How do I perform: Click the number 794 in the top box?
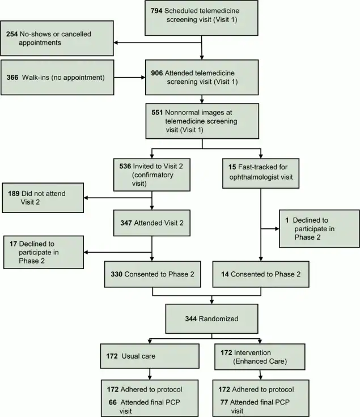click(x=156, y=11)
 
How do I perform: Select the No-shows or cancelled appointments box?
click(x=57, y=38)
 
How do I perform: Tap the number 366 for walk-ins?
click(x=14, y=76)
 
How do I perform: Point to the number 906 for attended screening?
click(x=157, y=73)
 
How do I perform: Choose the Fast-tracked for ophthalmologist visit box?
click(x=260, y=168)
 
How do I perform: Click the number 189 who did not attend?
click(x=14, y=194)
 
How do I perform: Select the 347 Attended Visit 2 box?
click(x=151, y=223)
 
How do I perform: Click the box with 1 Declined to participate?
click(x=319, y=228)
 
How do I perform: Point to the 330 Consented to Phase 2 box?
click(x=151, y=274)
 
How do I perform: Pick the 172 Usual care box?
click(x=149, y=356)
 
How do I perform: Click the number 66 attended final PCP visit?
click(x=111, y=401)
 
